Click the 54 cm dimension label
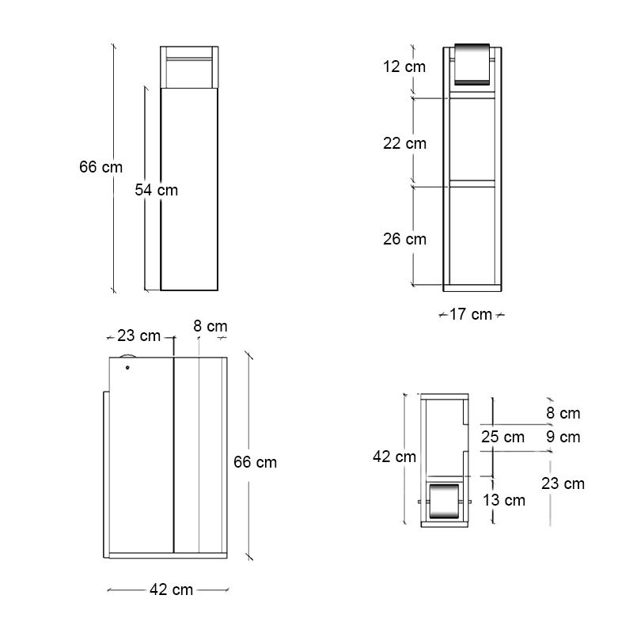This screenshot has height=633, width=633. [156, 190]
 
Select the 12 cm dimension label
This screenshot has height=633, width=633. [404, 67]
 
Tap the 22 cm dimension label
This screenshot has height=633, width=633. [404, 143]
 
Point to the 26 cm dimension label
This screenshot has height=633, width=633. [404, 239]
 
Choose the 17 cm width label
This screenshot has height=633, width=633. [471, 314]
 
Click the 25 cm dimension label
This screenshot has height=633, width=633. [503, 437]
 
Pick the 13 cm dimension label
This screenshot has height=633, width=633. [504, 500]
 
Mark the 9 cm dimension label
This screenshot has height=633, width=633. [563, 437]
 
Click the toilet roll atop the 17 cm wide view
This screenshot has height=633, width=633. [473, 63]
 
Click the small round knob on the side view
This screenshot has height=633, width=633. [127, 367]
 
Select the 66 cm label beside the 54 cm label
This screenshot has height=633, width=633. [100, 167]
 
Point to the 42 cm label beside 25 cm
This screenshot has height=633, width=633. [395, 457]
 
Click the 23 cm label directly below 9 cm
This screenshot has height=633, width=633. [563, 483]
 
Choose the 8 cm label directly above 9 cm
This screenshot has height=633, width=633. [563, 413]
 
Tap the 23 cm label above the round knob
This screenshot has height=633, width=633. [138, 335]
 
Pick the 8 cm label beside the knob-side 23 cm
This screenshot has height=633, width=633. [210, 326]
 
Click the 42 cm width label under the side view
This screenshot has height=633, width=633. [172, 589]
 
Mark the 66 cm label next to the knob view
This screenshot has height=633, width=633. [256, 462]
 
